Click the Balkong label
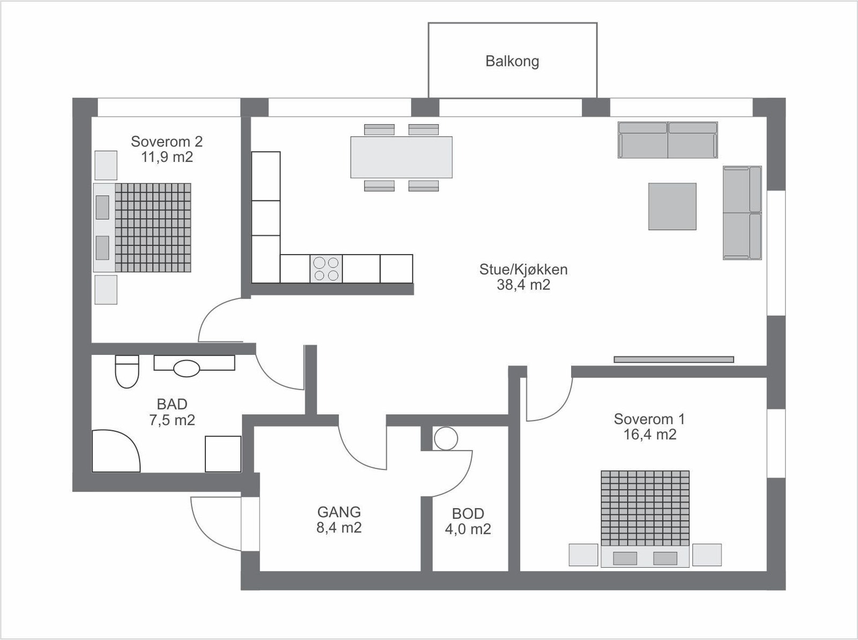(512, 61)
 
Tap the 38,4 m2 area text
(523, 285)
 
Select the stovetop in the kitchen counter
(326, 269)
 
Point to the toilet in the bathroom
(127, 371)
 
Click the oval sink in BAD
(187, 368)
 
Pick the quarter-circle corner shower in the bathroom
(116, 451)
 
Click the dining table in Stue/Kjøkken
(402, 157)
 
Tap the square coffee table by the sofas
(672, 206)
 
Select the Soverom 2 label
(167, 142)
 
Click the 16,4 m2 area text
(649, 435)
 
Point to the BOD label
(468, 514)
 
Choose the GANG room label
(339, 512)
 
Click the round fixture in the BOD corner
(446, 438)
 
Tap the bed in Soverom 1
(645, 518)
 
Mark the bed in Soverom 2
(142, 227)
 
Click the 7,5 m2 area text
(172, 420)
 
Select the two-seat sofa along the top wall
(668, 140)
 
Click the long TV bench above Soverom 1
(674, 360)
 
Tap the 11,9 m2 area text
(167, 157)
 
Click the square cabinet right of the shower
(223, 454)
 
